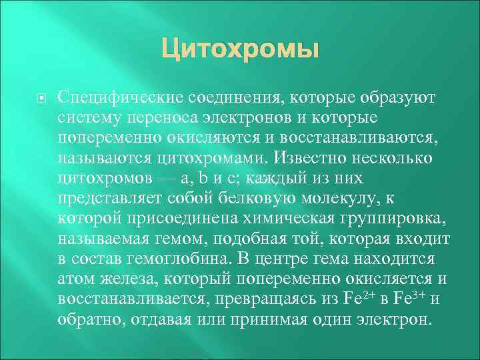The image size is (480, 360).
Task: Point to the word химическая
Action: click(299, 218)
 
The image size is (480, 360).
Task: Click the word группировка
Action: click(399, 218)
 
